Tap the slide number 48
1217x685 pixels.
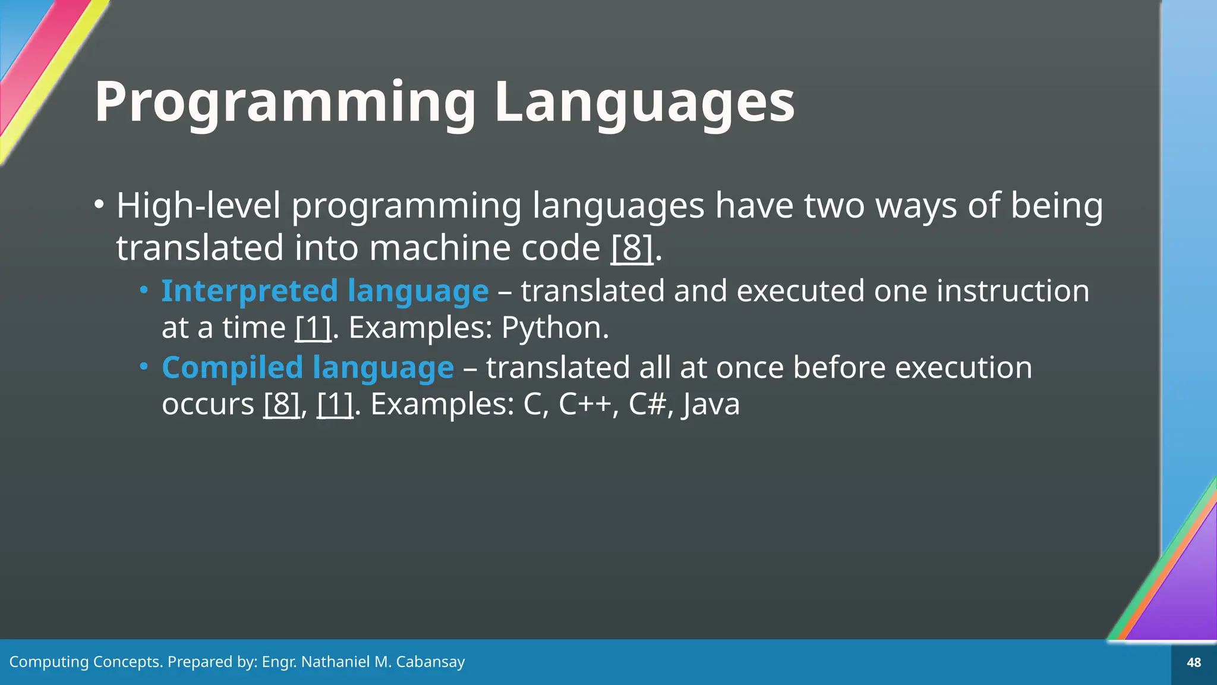coord(1193,662)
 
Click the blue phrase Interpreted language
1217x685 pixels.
coord(325,291)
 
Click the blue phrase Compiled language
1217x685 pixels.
coord(308,367)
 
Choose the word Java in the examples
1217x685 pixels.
coord(711,404)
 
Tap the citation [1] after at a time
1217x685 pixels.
coord(313,328)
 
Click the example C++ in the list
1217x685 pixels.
coord(585,404)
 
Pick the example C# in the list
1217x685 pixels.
coord(647,404)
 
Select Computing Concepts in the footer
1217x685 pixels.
coord(85,662)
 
